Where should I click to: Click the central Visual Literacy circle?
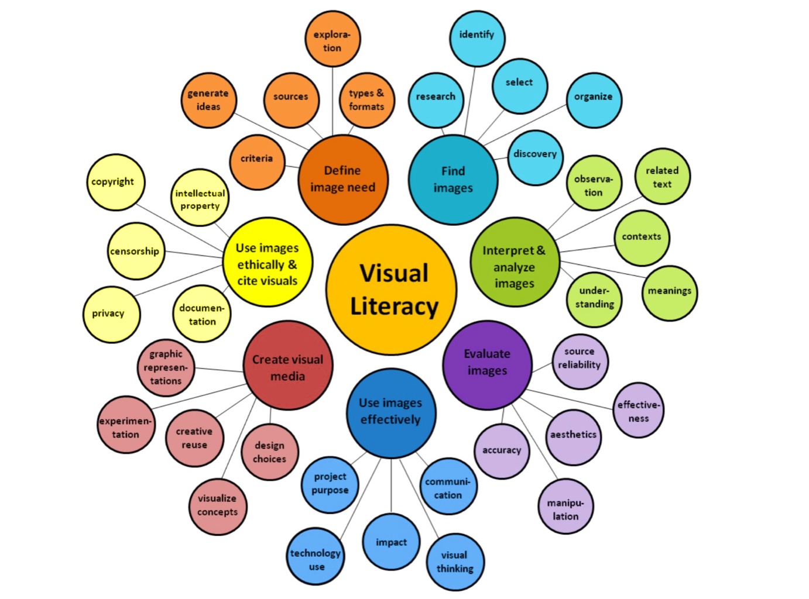tap(391, 290)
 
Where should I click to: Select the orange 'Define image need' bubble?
tap(342, 179)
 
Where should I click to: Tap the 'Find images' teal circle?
tap(453, 179)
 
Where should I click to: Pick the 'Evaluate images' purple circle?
tap(487, 363)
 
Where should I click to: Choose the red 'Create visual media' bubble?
tap(287, 367)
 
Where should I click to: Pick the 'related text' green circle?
tap(662, 176)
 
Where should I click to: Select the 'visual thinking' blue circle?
tap(455, 562)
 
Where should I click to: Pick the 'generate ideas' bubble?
tap(208, 100)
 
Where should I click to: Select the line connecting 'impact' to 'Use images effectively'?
tap(391, 486)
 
